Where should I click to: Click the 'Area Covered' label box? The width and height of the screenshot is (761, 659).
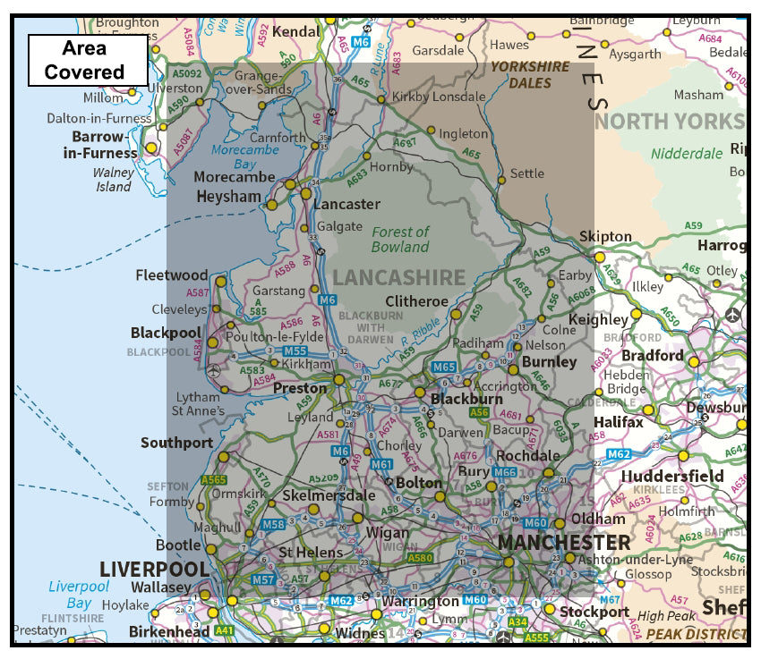click(88, 60)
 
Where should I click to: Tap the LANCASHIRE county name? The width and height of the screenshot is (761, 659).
click(399, 278)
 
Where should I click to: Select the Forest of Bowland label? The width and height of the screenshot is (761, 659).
click(400, 239)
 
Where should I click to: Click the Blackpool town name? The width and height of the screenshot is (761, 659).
click(166, 333)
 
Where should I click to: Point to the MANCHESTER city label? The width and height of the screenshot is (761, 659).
click(563, 543)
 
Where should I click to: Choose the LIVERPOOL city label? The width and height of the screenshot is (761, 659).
click(154, 570)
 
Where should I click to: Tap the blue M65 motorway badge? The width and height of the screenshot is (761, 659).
click(444, 368)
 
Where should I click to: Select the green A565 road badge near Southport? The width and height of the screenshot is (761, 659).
click(214, 480)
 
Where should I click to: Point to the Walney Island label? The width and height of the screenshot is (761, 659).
click(114, 180)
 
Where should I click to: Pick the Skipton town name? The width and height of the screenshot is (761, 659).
click(605, 237)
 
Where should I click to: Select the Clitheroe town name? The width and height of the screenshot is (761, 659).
click(416, 301)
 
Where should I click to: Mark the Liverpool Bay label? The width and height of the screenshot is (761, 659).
click(79, 595)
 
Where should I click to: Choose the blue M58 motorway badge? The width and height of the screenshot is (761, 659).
click(273, 524)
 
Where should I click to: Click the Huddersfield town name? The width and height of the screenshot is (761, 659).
click(671, 476)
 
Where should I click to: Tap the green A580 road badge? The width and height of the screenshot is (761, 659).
click(419, 558)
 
